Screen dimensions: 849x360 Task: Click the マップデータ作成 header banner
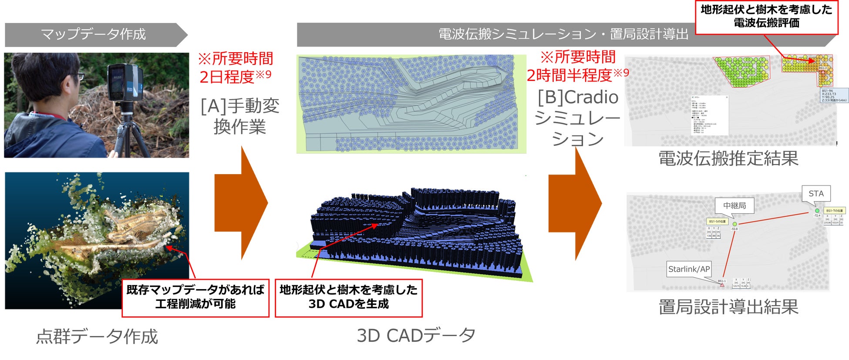(94, 34)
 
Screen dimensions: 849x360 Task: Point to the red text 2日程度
(227, 77)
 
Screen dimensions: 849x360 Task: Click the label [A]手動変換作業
(240, 116)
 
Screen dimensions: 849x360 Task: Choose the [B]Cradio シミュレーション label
(578, 118)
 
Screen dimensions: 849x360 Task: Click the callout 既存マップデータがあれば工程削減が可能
(195, 297)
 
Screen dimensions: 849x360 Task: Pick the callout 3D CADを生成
(348, 297)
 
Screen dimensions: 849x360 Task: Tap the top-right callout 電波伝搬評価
(766, 17)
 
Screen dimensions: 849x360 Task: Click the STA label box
(816, 194)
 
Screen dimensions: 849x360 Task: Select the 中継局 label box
(734, 205)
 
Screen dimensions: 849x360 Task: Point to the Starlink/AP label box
(689, 269)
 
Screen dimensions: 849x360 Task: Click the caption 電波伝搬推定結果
(728, 158)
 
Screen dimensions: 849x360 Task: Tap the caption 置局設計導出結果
(728, 307)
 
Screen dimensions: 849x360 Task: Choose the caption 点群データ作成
(97, 336)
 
